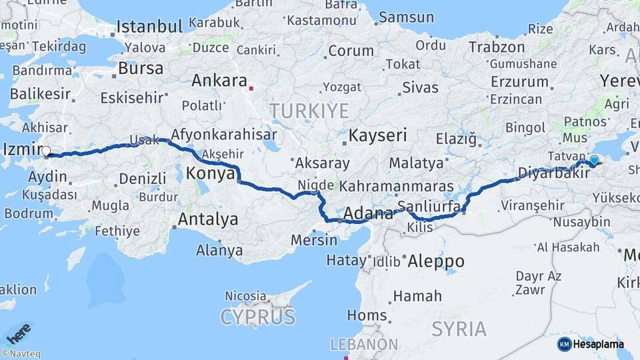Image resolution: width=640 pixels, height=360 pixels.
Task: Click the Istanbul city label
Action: tap(149, 27)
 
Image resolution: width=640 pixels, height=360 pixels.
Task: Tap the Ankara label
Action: tap(219, 81)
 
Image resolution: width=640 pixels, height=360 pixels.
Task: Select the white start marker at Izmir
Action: tap(46, 152)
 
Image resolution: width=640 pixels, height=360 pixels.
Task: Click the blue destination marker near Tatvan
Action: tap(594, 160)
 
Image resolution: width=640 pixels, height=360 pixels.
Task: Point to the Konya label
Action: tap(210, 173)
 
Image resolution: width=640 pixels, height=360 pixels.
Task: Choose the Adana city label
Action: tap(369, 214)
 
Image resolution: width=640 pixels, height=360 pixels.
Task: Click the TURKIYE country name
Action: tap(309, 110)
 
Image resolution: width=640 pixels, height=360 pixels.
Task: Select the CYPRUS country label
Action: tap(258, 316)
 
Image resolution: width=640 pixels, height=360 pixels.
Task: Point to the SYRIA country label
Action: tap(459, 328)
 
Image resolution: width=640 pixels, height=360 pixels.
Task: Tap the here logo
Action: tap(18, 333)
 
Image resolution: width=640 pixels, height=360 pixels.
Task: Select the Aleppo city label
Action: tap(436, 260)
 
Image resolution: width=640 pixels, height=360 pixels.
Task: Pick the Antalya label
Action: tap(208, 219)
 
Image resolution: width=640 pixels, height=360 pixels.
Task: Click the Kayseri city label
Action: tap(377, 135)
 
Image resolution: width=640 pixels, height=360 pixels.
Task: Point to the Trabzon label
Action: tap(497, 47)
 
